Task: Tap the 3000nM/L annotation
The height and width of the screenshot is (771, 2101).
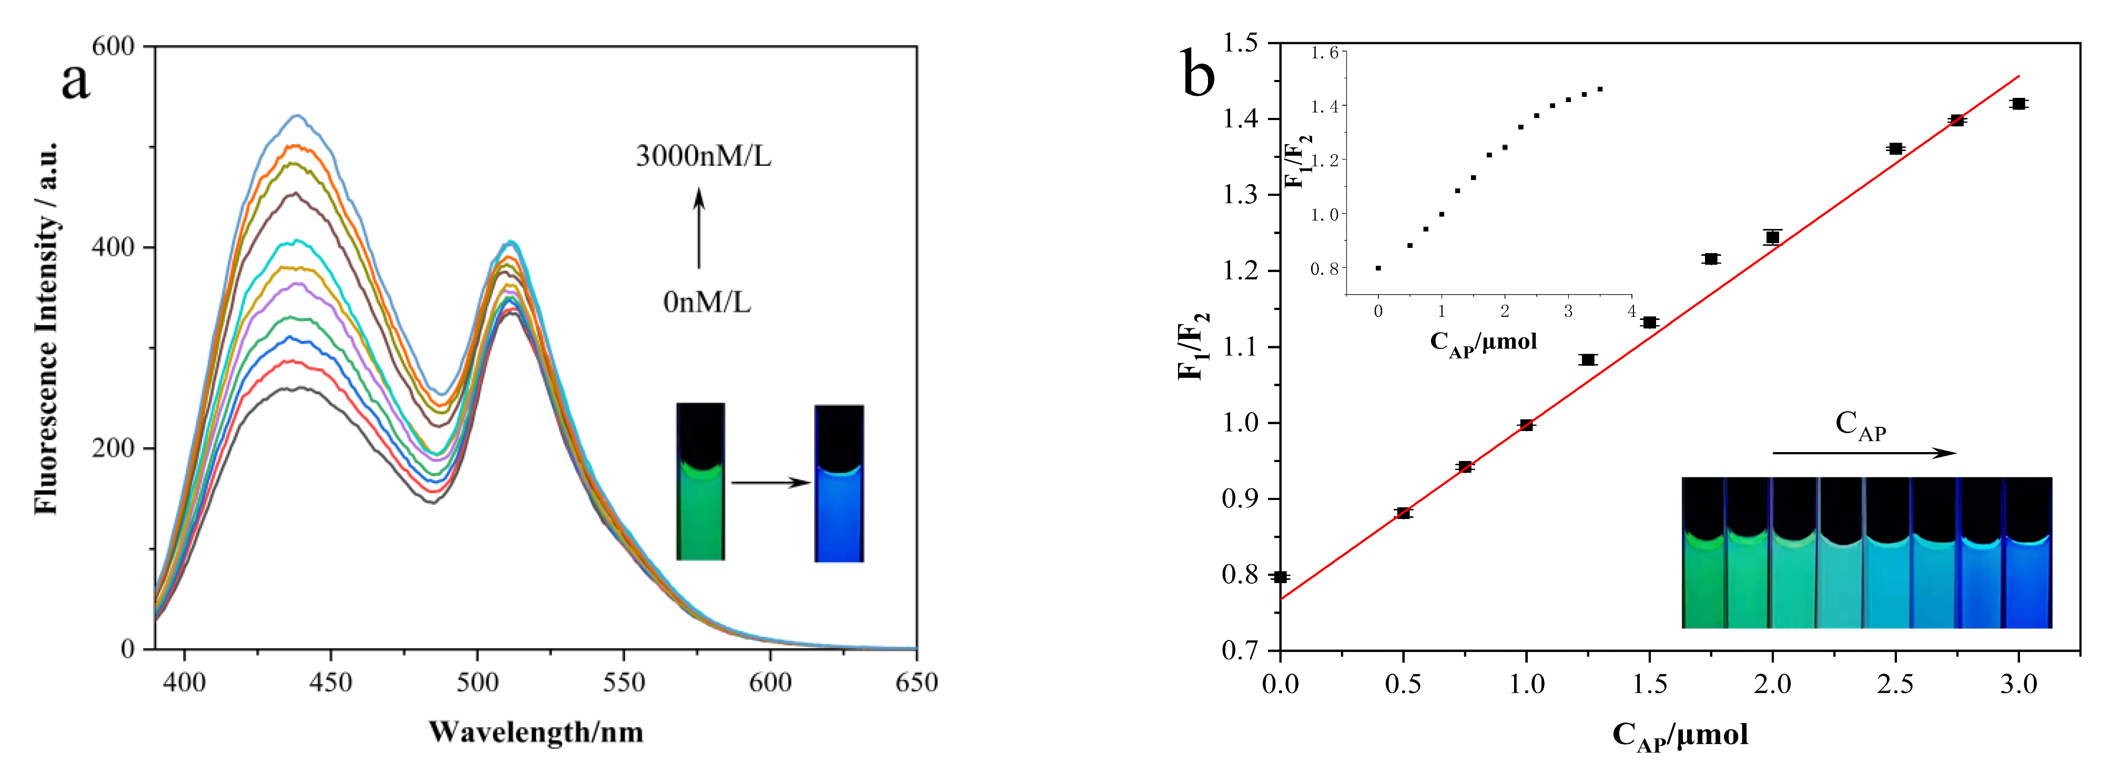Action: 703,156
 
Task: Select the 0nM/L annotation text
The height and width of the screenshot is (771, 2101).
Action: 706,303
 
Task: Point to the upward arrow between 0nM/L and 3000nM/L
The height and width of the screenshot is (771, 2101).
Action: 699,228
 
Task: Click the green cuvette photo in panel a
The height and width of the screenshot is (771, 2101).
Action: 700,482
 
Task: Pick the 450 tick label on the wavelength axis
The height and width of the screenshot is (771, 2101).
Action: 330,682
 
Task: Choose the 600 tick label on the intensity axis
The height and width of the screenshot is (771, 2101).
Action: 113,46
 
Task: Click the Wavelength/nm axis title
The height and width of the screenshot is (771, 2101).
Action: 536,732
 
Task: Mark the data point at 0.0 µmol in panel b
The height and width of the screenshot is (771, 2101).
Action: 1281,577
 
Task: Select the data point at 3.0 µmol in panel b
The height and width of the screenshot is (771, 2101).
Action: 2018,104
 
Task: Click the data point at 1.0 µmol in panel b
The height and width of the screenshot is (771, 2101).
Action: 1526,425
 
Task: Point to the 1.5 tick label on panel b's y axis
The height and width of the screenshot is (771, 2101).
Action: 1239,43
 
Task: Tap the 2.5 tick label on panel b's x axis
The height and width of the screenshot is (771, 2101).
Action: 1895,684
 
